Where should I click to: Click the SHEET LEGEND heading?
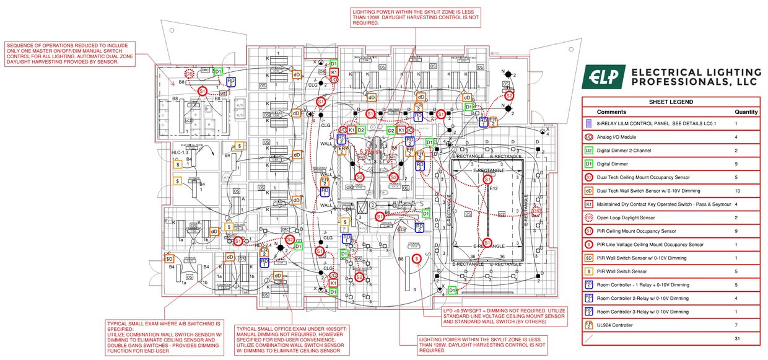pos(670,102)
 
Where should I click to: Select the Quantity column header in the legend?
pos(746,112)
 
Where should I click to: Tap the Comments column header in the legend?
pos(611,112)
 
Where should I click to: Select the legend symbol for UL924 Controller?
pos(589,325)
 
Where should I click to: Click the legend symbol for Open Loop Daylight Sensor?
pos(589,218)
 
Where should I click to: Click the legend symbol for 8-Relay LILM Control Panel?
pos(589,124)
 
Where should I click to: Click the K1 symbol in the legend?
pos(589,204)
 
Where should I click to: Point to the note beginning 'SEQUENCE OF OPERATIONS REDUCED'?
pos(69,54)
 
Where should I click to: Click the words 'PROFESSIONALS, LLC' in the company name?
pos(694,82)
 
